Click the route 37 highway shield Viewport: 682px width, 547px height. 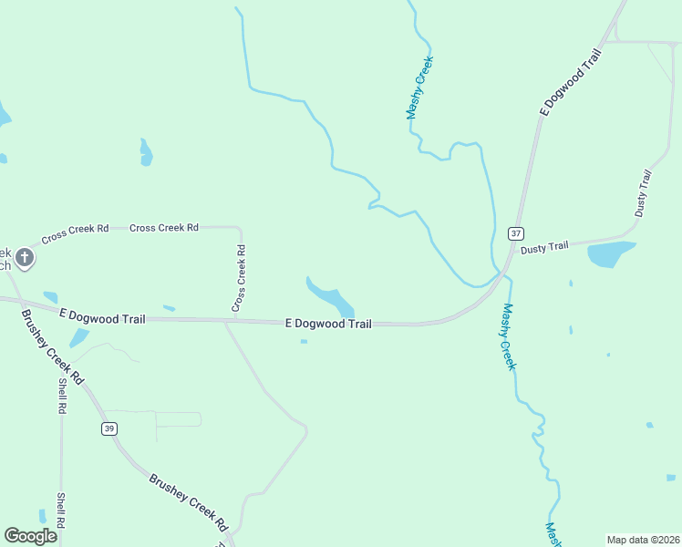coord(516,233)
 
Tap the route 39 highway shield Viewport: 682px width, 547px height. coord(109,428)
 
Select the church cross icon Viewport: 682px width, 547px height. coord(25,258)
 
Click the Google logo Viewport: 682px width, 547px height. coord(30,536)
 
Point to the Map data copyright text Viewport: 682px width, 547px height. coord(644,540)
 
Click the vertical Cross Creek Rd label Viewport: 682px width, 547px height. coord(238,278)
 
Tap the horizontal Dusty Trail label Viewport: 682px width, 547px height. coord(544,246)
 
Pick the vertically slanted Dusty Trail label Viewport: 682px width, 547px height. coord(644,192)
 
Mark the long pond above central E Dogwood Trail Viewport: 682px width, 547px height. coord(329,296)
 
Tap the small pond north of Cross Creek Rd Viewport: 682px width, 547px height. coord(145,151)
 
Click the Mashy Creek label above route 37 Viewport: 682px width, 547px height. coord(419,88)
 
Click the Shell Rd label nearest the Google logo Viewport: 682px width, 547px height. coord(61,511)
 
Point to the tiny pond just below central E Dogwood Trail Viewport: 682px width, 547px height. coord(304,342)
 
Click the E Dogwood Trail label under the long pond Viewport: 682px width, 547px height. coord(328,324)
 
